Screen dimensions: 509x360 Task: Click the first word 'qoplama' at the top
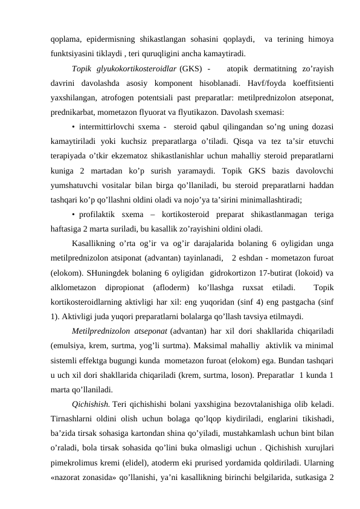point(65,39)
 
